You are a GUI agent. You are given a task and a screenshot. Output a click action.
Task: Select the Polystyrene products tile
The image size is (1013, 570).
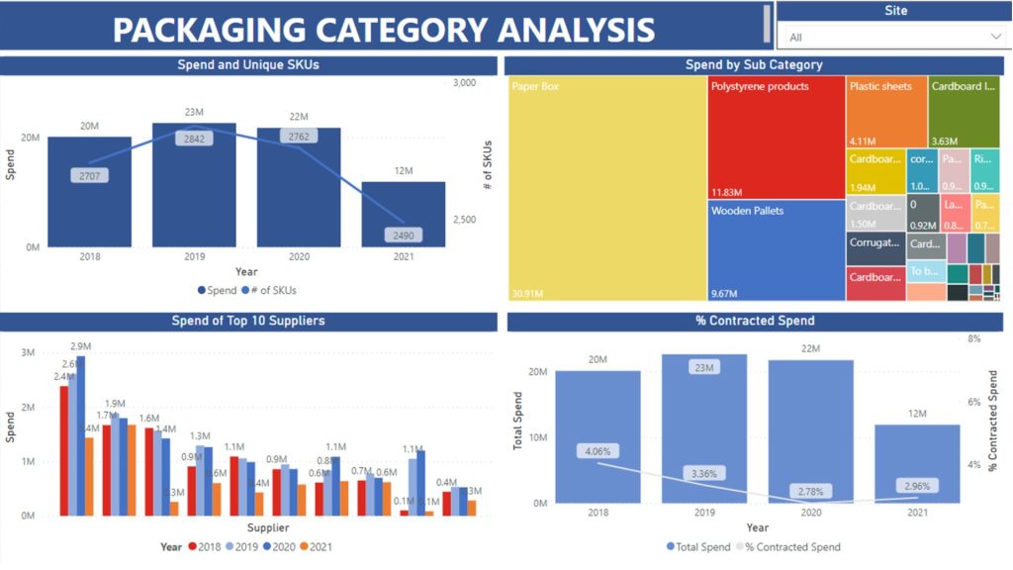776,139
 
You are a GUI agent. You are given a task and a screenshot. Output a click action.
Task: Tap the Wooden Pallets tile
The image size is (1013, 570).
776,252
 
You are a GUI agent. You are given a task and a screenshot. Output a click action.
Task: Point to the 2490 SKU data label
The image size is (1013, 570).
405,236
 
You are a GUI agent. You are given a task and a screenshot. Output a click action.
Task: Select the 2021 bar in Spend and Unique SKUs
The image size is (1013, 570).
403,214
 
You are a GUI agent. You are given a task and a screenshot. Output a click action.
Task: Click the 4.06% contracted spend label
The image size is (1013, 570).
599,451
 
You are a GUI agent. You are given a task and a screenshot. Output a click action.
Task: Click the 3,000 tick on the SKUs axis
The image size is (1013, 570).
465,83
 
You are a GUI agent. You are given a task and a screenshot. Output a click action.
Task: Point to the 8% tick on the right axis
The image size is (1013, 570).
973,338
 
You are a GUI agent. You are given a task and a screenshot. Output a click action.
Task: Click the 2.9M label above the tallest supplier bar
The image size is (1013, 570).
80,346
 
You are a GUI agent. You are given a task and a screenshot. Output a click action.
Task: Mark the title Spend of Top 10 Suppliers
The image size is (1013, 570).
248,321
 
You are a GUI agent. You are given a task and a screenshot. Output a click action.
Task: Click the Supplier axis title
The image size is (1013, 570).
268,528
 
